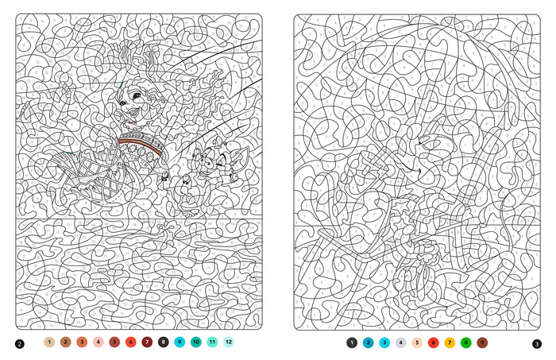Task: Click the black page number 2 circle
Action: click(20, 344)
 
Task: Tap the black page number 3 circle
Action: click(537, 344)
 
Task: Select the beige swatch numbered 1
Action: click(49, 342)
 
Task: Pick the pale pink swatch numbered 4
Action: click(98, 342)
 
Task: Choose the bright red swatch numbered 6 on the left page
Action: click(131, 342)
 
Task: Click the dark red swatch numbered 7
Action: click(147, 342)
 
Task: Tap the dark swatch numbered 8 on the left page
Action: click(164, 342)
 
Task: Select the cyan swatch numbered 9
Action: click(180, 342)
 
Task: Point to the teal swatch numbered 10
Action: click(196, 342)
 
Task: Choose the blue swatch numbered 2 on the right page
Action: click(368, 343)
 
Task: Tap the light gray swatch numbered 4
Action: click(400, 343)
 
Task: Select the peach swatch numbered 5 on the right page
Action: click(417, 343)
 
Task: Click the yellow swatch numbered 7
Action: click(450, 343)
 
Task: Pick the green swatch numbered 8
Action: click(466, 343)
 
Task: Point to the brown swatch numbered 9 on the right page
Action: click(482, 343)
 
